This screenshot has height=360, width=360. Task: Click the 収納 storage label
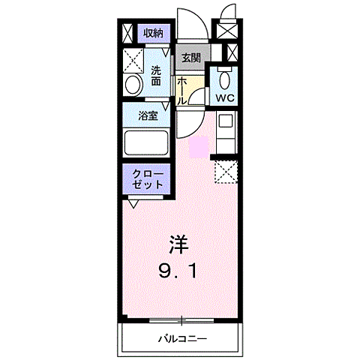tap(154, 33)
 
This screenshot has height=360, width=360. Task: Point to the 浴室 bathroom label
tap(148, 116)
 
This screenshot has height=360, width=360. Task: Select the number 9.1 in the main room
tap(177, 270)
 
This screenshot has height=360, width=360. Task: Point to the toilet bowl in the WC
tap(223, 79)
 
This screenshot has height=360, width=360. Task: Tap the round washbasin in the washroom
tap(133, 84)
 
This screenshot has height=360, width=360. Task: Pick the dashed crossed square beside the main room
tap(225, 171)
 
